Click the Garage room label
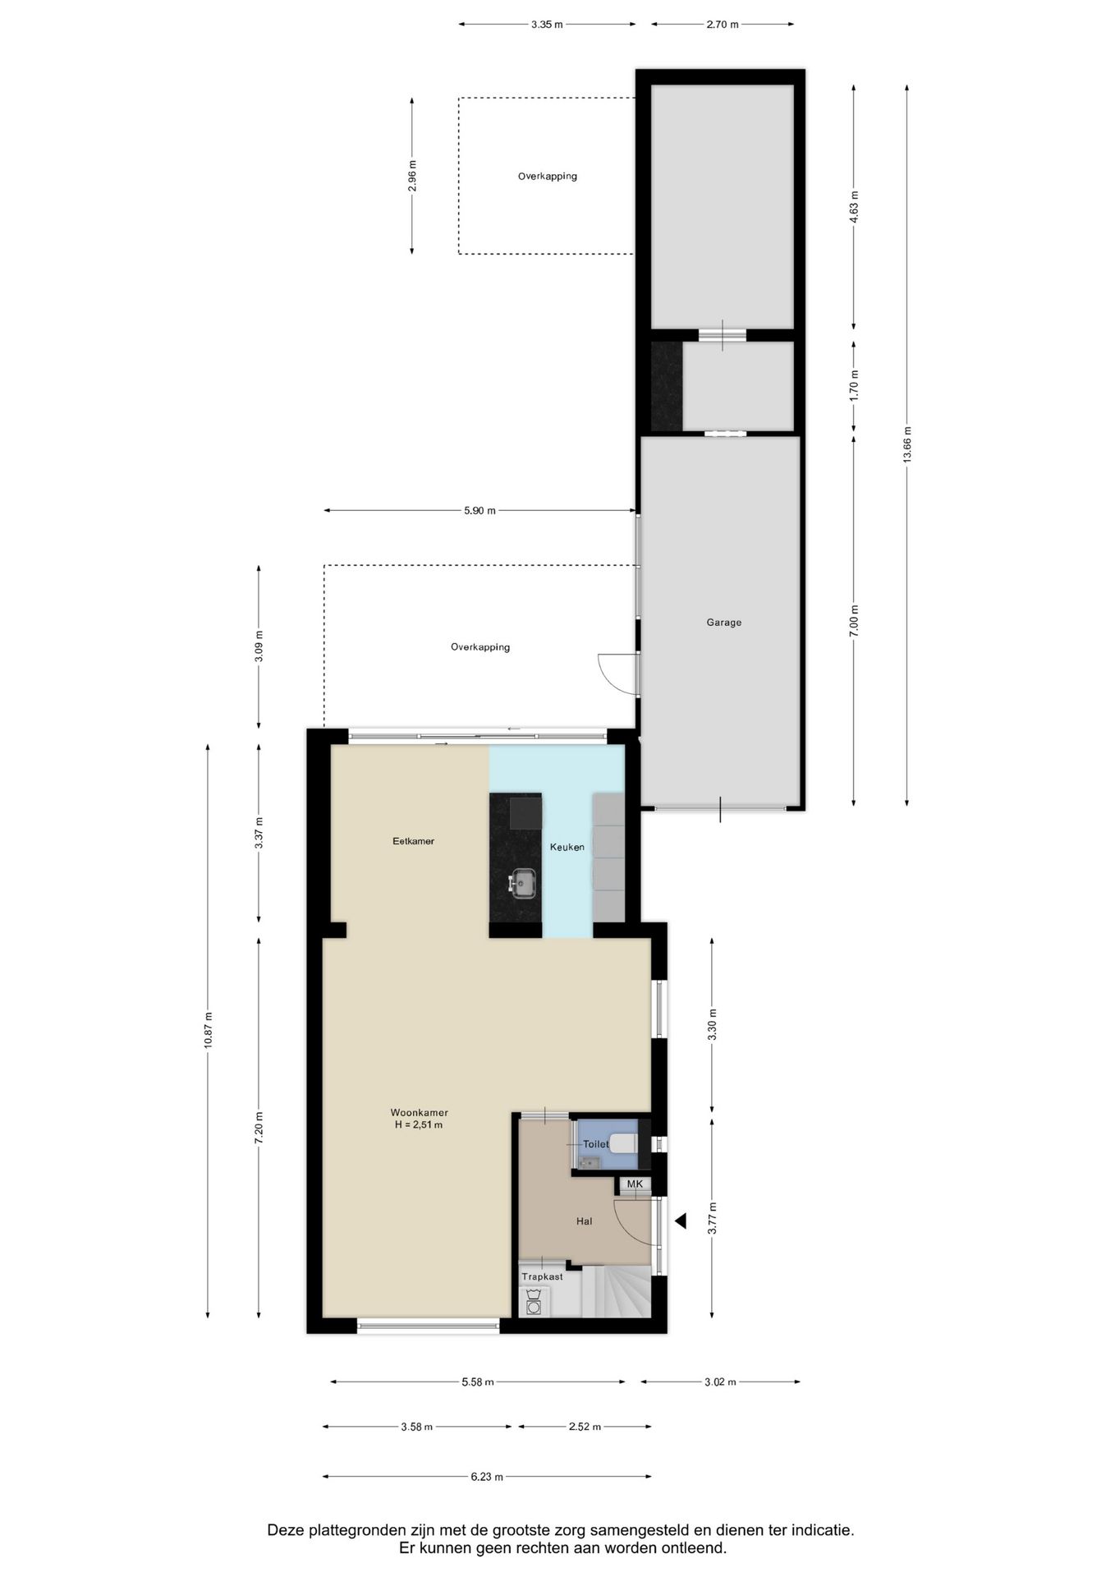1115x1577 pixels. click(723, 623)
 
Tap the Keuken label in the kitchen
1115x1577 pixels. click(567, 847)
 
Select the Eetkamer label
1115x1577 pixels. click(413, 841)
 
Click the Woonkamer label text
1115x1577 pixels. click(419, 1113)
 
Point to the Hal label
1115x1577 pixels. click(584, 1221)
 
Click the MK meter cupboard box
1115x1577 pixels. click(635, 1184)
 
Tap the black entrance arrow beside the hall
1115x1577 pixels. click(681, 1221)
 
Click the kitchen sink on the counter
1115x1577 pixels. click(522, 884)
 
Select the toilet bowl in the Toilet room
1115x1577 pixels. click(624, 1143)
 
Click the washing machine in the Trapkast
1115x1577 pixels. click(534, 1303)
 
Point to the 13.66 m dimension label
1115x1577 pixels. click(907, 444)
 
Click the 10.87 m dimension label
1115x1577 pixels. click(208, 1029)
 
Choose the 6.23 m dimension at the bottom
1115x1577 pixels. click(487, 1476)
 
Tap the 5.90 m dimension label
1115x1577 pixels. click(479, 510)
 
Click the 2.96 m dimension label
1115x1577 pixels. click(412, 175)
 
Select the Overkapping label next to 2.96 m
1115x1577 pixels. click(547, 176)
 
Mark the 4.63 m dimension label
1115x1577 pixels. click(854, 207)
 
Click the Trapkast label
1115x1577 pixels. click(542, 1276)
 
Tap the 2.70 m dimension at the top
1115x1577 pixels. click(722, 25)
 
